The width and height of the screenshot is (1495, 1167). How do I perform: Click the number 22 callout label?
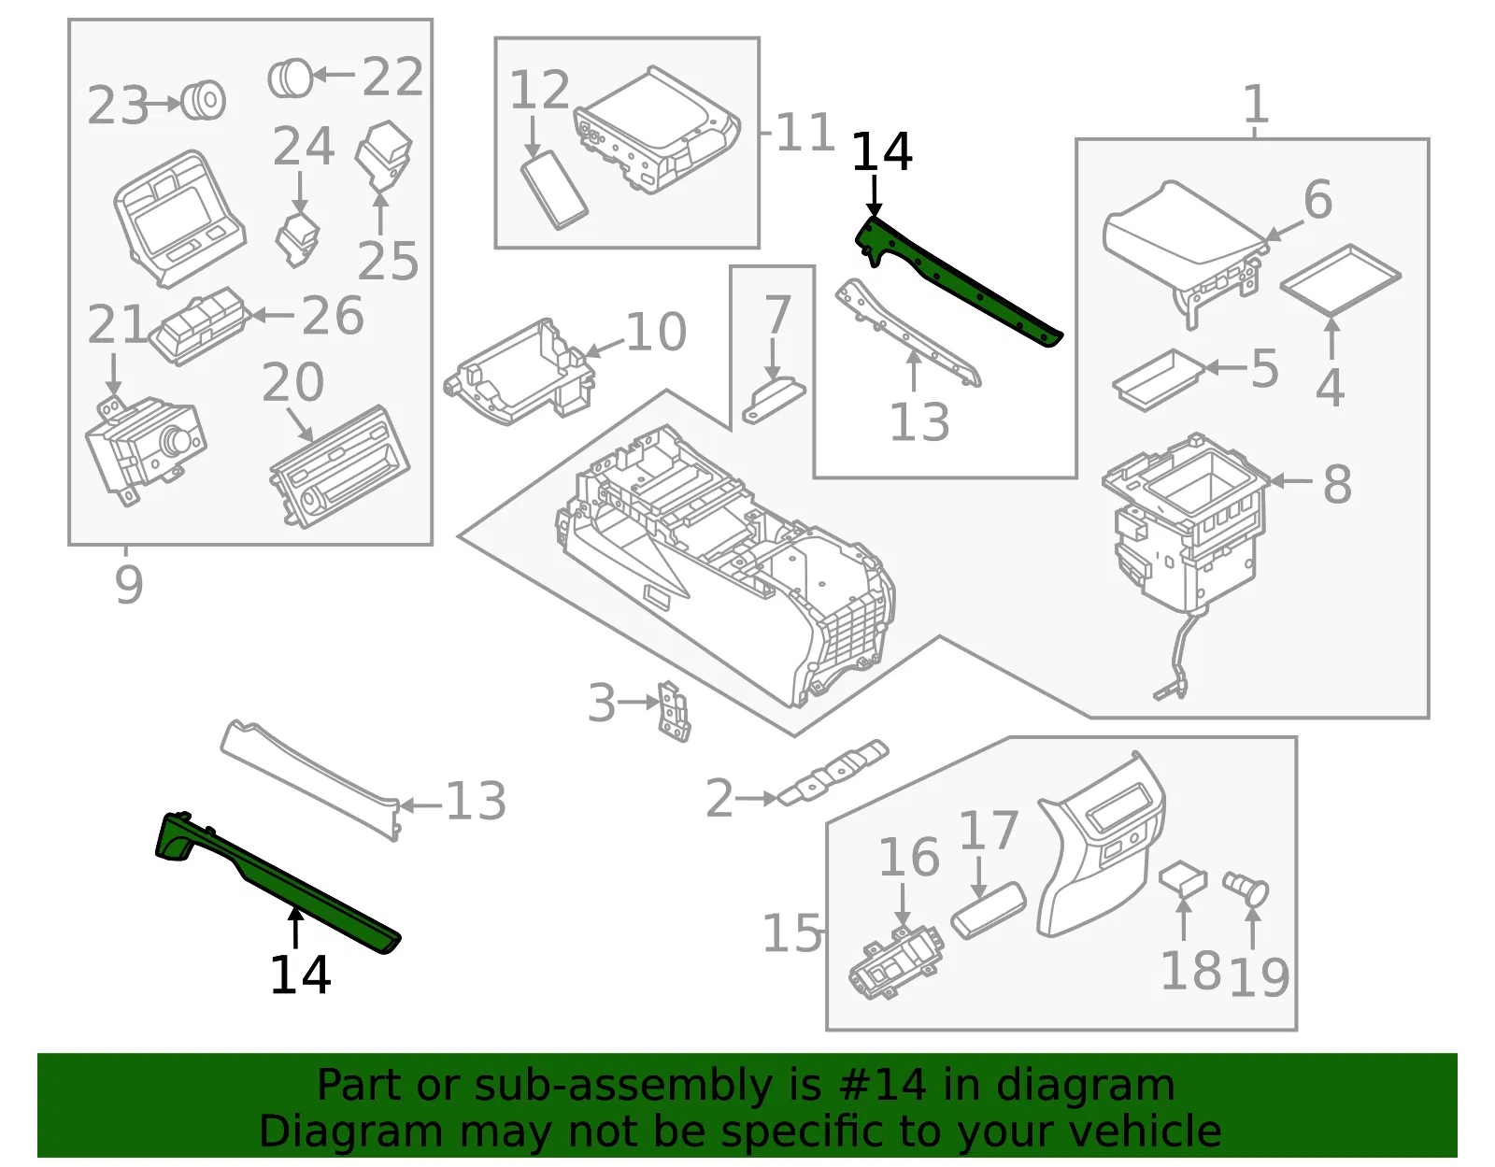[392, 77]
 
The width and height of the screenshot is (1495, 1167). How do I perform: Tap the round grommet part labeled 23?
[204, 101]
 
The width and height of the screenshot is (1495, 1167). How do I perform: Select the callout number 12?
[540, 90]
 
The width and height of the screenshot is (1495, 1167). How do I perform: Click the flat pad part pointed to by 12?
[554, 190]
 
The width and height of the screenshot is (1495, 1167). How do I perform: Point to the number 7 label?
[777, 315]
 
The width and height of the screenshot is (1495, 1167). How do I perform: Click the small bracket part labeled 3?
[674, 711]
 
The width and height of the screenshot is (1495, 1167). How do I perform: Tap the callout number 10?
[656, 332]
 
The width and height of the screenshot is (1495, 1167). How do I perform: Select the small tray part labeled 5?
[1158, 380]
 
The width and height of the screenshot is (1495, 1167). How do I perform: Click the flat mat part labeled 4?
[1340, 280]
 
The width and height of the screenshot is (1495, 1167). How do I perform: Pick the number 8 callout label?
[1337, 484]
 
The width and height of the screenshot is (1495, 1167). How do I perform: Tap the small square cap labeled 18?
[1183, 879]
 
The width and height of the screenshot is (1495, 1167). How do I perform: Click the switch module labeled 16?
[896, 962]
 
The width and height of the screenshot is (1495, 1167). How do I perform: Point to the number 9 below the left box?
[129, 584]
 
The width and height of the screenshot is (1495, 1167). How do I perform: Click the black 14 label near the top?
[881, 151]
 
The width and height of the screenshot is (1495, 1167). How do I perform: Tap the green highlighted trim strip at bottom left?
[276, 882]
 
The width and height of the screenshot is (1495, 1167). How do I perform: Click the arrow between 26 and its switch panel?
[273, 315]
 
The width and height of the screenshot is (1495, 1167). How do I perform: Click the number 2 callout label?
[719, 799]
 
